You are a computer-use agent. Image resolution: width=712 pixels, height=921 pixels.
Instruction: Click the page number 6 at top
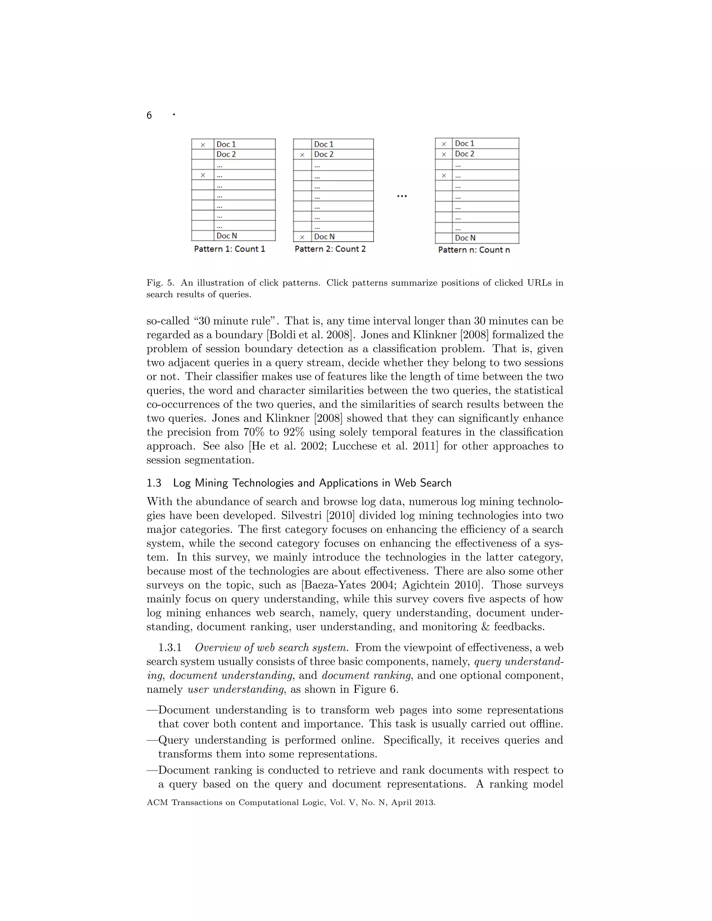pyautogui.click(x=149, y=115)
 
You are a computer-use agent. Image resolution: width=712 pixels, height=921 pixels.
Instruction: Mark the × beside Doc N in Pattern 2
pyautogui.click(x=302, y=237)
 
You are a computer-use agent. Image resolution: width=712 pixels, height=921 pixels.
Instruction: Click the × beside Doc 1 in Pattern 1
pyautogui.click(x=203, y=145)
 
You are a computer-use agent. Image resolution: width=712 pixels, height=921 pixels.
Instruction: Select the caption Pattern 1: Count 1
pyautogui.click(x=229, y=249)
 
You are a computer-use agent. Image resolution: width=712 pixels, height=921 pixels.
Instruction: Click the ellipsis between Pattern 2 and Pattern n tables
pyautogui.click(x=402, y=196)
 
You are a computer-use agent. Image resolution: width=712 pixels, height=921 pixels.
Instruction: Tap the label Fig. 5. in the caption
pyautogui.click(x=160, y=283)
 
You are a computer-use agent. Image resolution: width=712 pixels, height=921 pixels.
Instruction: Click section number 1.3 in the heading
pyautogui.click(x=154, y=483)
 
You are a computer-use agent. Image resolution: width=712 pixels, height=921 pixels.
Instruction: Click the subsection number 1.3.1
pyautogui.click(x=170, y=648)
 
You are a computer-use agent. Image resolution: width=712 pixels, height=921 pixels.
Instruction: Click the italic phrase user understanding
pyautogui.click(x=236, y=690)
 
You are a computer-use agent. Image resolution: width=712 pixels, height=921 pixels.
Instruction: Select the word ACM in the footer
pyautogui.click(x=156, y=802)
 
